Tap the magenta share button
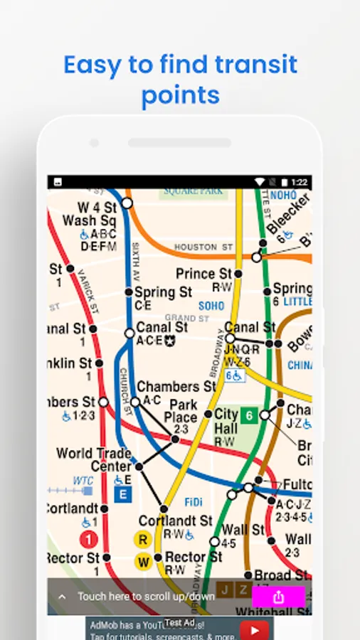coord(278,597)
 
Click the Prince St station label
coord(204,274)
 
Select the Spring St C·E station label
coord(163,292)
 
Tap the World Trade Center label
coord(94,459)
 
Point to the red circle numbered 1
coord(89,539)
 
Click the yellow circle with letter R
coord(142,539)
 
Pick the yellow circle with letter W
coord(143,562)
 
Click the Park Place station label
coord(181,411)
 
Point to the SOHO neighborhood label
coord(211,306)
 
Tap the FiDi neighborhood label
coord(194,503)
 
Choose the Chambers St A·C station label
coord(176,387)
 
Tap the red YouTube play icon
coord(254,630)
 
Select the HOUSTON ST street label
coord(204,247)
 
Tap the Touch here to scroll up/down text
coord(146,597)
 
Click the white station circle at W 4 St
coord(127,203)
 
